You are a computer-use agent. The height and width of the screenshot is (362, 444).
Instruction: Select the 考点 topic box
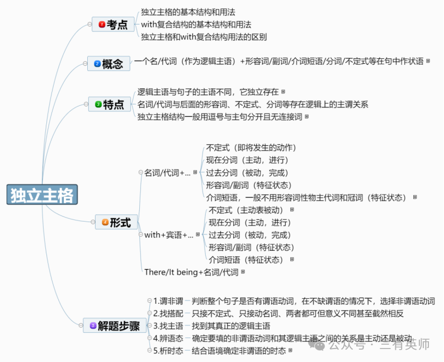pyautogui.click(x=112, y=25)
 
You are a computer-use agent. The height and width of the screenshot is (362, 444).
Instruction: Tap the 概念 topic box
pyautogui.click(x=107, y=64)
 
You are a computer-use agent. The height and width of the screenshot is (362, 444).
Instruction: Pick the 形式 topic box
pyautogui.click(x=116, y=223)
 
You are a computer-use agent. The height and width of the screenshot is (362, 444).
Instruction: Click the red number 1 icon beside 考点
pyautogui.click(x=101, y=25)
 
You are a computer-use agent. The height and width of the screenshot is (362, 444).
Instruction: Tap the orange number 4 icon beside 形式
pyautogui.click(x=105, y=223)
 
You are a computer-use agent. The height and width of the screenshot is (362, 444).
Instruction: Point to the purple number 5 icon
pyautogui.click(x=93, y=326)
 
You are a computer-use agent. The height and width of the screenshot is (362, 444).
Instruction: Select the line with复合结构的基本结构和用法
pyautogui.click(x=196, y=25)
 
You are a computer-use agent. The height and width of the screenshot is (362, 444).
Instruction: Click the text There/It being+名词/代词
pyautogui.click(x=191, y=272)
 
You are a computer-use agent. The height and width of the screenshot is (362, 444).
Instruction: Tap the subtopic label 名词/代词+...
pyautogui.click(x=167, y=173)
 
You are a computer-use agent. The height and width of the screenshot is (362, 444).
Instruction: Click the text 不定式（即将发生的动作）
pyautogui.click(x=251, y=148)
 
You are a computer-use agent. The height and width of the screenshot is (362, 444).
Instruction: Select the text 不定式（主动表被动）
pyautogui.click(x=247, y=210)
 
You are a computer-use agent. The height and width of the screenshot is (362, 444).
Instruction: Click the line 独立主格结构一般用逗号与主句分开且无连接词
pyautogui.click(x=220, y=116)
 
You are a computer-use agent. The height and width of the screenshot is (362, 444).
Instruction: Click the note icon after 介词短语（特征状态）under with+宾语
pyautogui.click(x=291, y=260)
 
